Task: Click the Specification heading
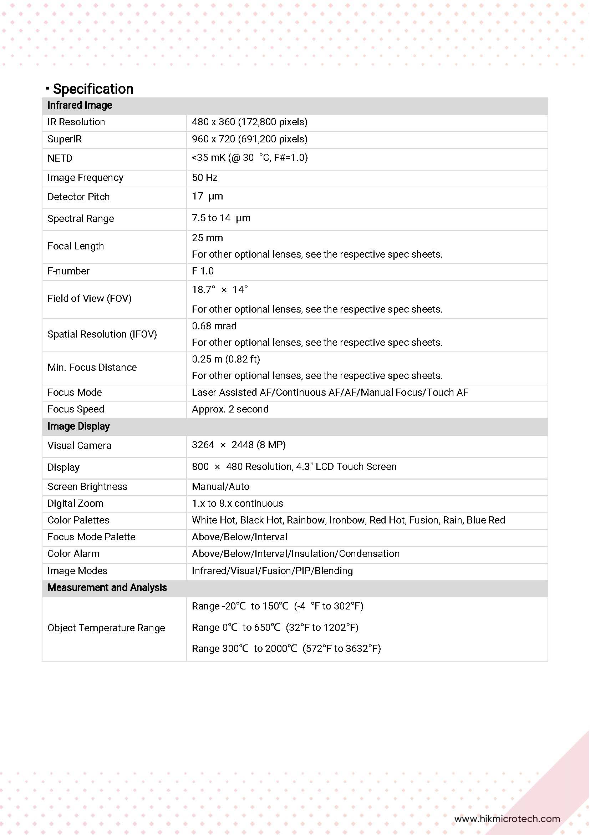pyautogui.click(x=93, y=89)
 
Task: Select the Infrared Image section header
pyautogui.click(x=80, y=106)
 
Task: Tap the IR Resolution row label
pyautogui.click(x=76, y=122)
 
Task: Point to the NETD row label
pyautogui.click(x=60, y=158)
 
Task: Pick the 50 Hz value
pyautogui.click(x=205, y=177)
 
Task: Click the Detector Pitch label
pyautogui.click(x=78, y=197)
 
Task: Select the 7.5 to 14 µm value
pyautogui.click(x=221, y=218)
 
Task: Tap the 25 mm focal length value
pyautogui.click(x=207, y=238)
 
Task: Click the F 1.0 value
pyautogui.click(x=203, y=271)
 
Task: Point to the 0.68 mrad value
pyautogui.click(x=214, y=326)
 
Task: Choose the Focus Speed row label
pyautogui.click(x=76, y=409)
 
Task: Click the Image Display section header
pyautogui.click(x=78, y=426)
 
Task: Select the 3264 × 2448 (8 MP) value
pyautogui.click(x=239, y=445)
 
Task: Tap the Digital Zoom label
pyautogui.click(x=75, y=503)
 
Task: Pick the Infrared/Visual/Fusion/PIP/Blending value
pyautogui.click(x=272, y=571)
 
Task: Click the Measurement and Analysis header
pyautogui.click(x=107, y=587)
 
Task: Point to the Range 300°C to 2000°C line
pyautogui.click(x=286, y=648)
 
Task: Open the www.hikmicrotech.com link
pyautogui.click(x=507, y=819)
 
